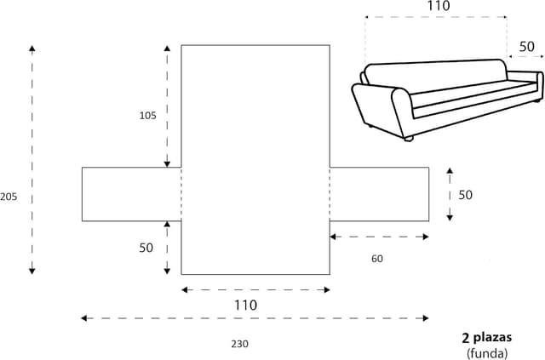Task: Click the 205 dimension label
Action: click(9, 197)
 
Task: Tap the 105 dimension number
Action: click(147, 116)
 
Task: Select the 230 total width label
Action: click(240, 344)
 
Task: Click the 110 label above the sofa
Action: click(437, 7)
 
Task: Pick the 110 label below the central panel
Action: click(244, 305)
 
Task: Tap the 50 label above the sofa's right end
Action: click(526, 47)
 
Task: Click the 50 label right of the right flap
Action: click(465, 195)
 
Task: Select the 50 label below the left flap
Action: click(146, 248)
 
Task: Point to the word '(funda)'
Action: click(487, 352)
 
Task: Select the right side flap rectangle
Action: click(380, 194)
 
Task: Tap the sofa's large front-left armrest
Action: click(379, 111)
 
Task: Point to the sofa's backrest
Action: click(434, 72)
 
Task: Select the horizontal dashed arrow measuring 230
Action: click(255, 318)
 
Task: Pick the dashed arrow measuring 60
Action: click(379, 237)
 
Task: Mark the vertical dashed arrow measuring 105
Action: click(168, 106)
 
